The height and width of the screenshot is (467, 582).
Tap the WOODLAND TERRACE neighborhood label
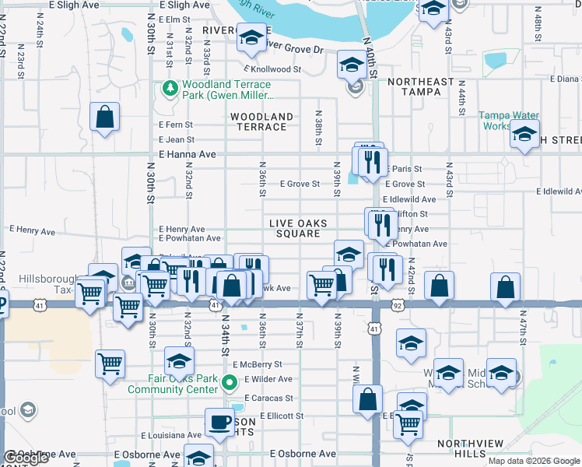261,122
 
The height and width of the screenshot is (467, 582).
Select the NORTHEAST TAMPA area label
420,86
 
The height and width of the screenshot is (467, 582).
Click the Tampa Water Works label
505,121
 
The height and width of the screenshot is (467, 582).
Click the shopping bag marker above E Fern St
104,117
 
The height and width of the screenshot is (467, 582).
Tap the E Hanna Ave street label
187,155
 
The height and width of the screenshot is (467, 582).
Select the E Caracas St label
268,398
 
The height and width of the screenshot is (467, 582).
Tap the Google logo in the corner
26,458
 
